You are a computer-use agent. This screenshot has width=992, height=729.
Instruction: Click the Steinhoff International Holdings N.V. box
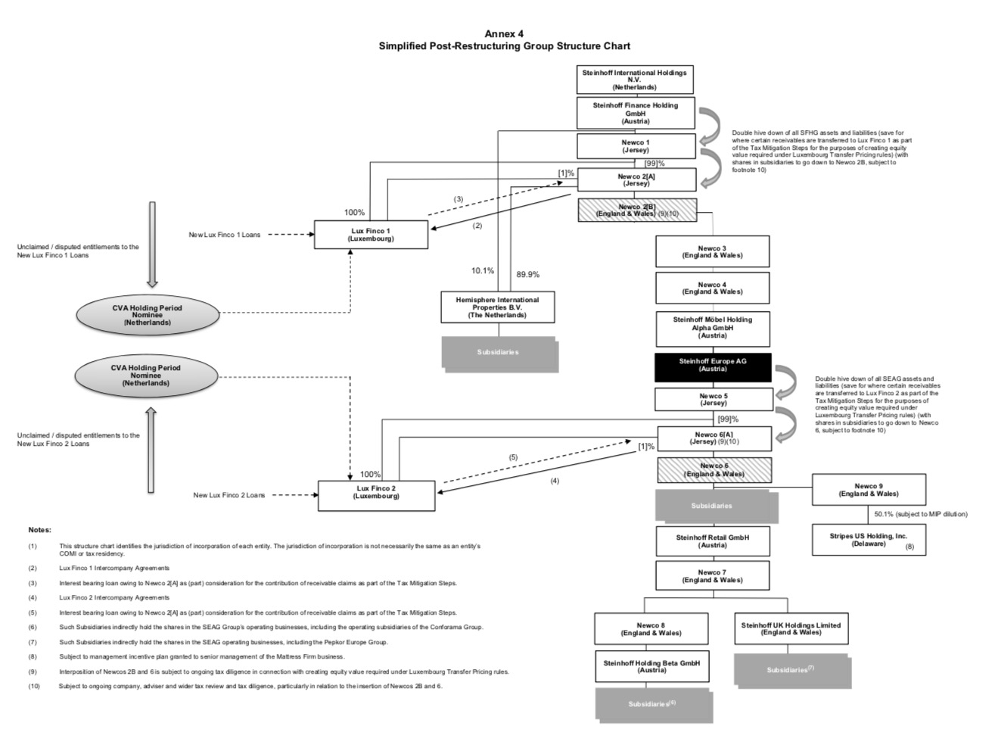point(635,79)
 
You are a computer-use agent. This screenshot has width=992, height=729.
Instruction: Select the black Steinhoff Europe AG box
point(712,366)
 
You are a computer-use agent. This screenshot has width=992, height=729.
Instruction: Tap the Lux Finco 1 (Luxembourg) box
point(371,234)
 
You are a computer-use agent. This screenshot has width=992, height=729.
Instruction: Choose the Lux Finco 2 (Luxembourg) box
point(376,495)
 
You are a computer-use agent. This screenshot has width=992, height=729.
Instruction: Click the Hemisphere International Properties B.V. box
point(497,307)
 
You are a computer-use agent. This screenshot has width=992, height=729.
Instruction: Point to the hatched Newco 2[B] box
point(636,210)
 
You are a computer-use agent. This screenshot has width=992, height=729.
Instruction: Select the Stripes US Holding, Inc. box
point(868,540)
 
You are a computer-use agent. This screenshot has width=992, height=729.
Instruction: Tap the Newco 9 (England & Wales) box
point(868,490)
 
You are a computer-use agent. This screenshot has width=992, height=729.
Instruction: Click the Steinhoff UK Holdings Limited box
point(791,628)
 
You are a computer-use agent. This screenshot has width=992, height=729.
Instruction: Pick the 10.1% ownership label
point(482,270)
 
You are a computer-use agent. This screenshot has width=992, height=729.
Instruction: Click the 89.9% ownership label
point(527,275)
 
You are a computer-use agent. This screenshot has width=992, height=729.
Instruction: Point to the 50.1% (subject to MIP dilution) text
point(920,514)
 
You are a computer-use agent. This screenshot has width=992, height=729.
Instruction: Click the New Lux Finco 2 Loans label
point(229,495)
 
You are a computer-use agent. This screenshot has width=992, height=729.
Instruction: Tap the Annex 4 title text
point(504,33)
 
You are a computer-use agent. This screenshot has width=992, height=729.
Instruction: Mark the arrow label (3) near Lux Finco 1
point(459,199)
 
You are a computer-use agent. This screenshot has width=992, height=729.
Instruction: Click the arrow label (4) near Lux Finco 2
point(555,481)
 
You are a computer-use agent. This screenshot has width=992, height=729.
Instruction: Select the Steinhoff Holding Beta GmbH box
point(651,666)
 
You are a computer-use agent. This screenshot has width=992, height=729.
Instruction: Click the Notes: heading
point(39,530)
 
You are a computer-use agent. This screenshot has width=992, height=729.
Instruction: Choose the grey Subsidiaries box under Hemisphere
point(498,352)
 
